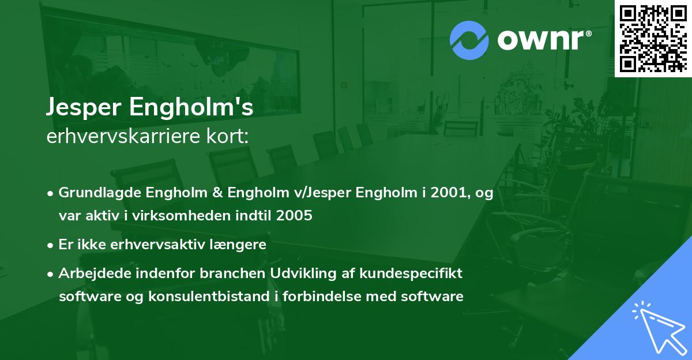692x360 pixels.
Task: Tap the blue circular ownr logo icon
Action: [x=469, y=40]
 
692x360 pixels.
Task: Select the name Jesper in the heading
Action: [x=84, y=107]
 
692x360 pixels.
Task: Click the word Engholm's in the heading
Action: [x=191, y=107]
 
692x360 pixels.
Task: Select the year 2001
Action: [x=451, y=192]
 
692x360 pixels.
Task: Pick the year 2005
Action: [x=294, y=215]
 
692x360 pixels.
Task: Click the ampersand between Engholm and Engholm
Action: [x=217, y=192]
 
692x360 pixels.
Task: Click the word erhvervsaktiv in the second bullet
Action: [x=157, y=245]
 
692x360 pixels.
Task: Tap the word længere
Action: [x=238, y=245]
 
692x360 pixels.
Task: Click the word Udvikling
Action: [x=303, y=273]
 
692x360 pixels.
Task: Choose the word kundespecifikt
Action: [x=411, y=273]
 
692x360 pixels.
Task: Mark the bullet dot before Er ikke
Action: [x=50, y=246]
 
